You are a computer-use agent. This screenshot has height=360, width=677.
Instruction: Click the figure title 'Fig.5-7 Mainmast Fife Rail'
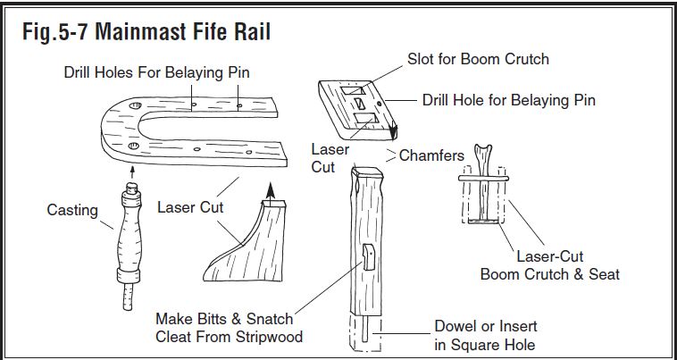(146, 31)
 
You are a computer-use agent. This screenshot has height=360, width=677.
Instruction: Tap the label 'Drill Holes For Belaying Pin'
(156, 72)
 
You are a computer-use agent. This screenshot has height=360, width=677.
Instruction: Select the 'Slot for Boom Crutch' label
(478, 59)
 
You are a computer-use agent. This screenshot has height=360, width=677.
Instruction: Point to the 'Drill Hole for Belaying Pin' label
(508, 100)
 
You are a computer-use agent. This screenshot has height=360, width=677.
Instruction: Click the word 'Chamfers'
(431, 155)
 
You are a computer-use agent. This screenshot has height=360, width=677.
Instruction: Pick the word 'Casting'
(72, 210)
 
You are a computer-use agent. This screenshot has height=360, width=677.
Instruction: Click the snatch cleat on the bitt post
(368, 257)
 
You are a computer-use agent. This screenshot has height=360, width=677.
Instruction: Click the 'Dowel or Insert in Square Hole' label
(486, 335)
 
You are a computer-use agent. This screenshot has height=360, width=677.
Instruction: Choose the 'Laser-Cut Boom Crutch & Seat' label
(550, 265)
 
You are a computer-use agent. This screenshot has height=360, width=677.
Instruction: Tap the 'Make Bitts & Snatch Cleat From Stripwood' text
(229, 328)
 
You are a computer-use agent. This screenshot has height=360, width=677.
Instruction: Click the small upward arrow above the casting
(132, 172)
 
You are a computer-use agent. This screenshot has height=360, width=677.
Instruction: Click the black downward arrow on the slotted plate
(393, 130)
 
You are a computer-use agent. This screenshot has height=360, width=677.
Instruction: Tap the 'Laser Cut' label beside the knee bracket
(190, 207)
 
